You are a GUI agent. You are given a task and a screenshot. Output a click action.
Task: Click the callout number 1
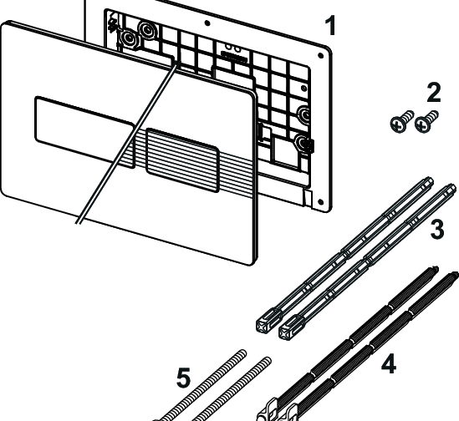[x=330, y=26]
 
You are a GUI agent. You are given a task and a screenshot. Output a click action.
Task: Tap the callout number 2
[x=434, y=93]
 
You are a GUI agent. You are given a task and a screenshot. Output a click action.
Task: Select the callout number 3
[x=437, y=230]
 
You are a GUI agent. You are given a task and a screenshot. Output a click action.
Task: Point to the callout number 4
[x=389, y=363]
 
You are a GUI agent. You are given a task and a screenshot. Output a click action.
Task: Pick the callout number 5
[x=184, y=378]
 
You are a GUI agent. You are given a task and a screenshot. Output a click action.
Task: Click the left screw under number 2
[x=401, y=121]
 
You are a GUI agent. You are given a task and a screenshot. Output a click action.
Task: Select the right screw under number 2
[x=426, y=121]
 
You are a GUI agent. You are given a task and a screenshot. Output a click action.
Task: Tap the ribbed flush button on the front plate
[x=182, y=160]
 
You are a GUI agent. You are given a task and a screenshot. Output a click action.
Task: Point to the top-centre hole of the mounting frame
[x=207, y=23]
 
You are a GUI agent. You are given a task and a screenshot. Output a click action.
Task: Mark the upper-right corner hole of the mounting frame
[x=320, y=55]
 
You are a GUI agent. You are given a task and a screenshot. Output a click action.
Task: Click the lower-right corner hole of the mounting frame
[x=320, y=202]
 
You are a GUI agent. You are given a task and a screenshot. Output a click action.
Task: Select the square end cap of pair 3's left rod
[x=266, y=322]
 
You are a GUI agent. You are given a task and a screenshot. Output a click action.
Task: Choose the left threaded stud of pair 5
[x=202, y=385]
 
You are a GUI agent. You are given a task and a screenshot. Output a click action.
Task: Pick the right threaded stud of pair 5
[x=232, y=389]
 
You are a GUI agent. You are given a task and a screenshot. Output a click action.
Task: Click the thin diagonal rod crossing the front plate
[x=127, y=143]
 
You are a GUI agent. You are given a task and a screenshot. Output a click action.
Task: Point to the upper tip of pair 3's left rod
[x=430, y=180]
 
